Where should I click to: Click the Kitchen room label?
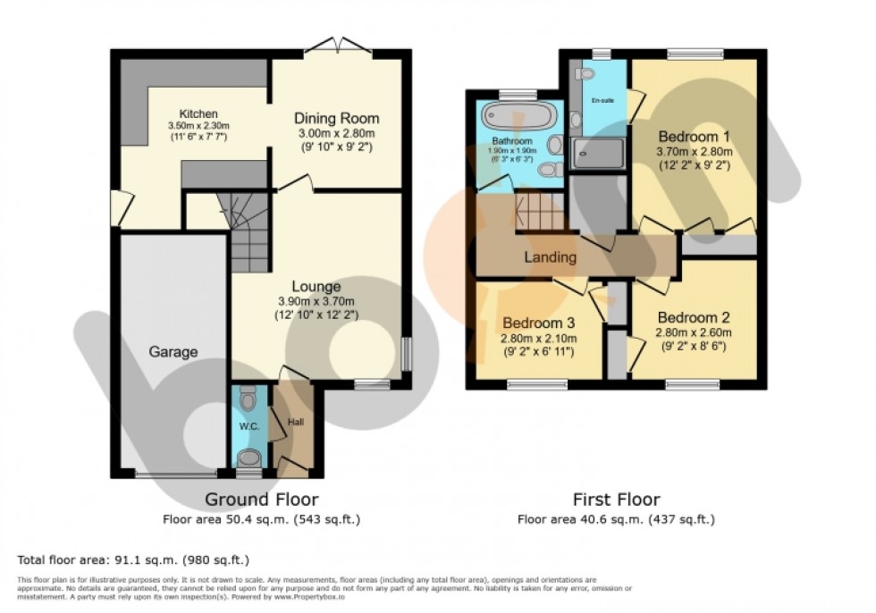coord(198,114)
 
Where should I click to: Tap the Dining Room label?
coord(337,118)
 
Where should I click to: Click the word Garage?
coord(173,352)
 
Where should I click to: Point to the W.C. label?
coord(248,426)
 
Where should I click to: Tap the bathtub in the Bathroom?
coord(518,119)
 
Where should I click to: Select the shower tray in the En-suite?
coord(597,154)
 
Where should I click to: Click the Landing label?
coord(550,257)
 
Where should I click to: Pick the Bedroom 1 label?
coord(694,137)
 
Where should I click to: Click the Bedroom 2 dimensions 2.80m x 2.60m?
coord(694,332)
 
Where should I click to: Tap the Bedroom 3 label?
coord(538,323)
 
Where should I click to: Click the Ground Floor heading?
coord(261,500)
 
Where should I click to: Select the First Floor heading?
coord(616,500)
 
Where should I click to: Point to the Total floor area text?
coord(132,560)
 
